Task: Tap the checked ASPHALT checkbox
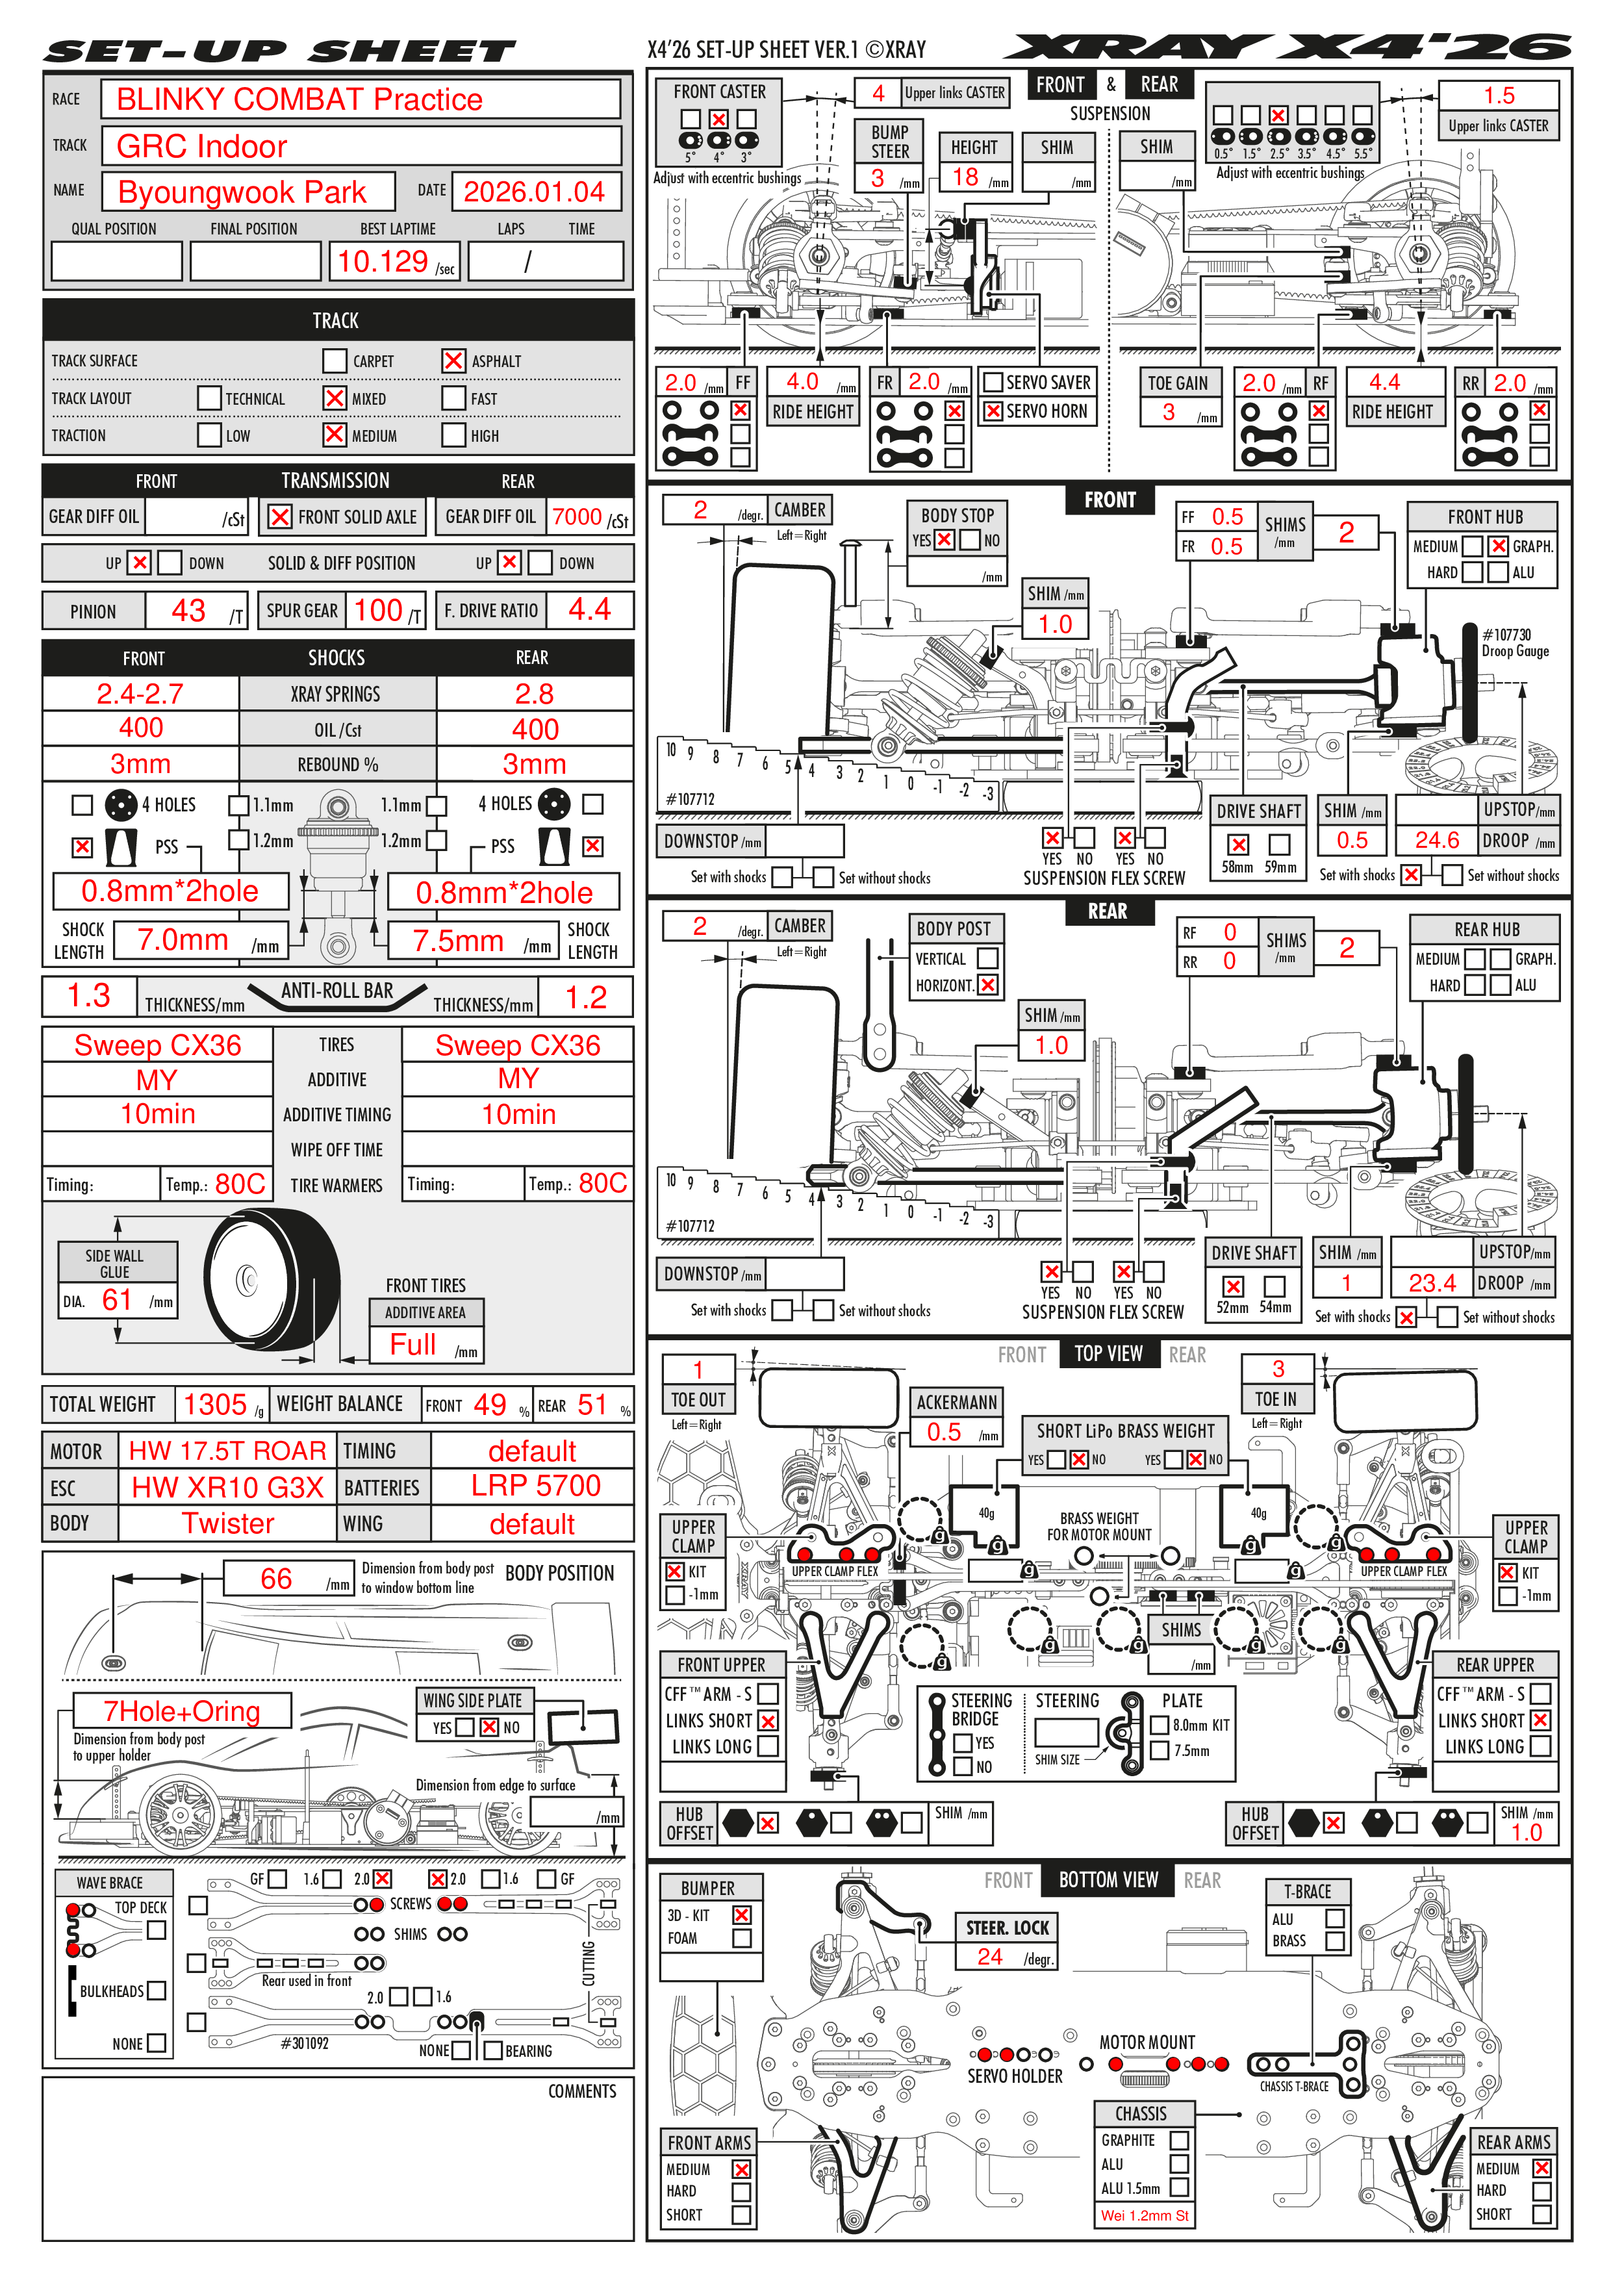[x=453, y=361]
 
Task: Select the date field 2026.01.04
[x=534, y=192]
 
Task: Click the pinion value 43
[x=188, y=611]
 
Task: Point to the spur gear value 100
[x=378, y=611]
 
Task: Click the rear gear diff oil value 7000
[x=577, y=516]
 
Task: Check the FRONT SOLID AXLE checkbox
[x=280, y=516]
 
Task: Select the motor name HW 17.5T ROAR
[x=227, y=1451]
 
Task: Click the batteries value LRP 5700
[x=535, y=1486]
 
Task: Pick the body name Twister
[x=227, y=1523]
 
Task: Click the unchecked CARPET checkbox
[x=335, y=361]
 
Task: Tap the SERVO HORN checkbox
[x=992, y=411]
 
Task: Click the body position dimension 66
[x=276, y=1578]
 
